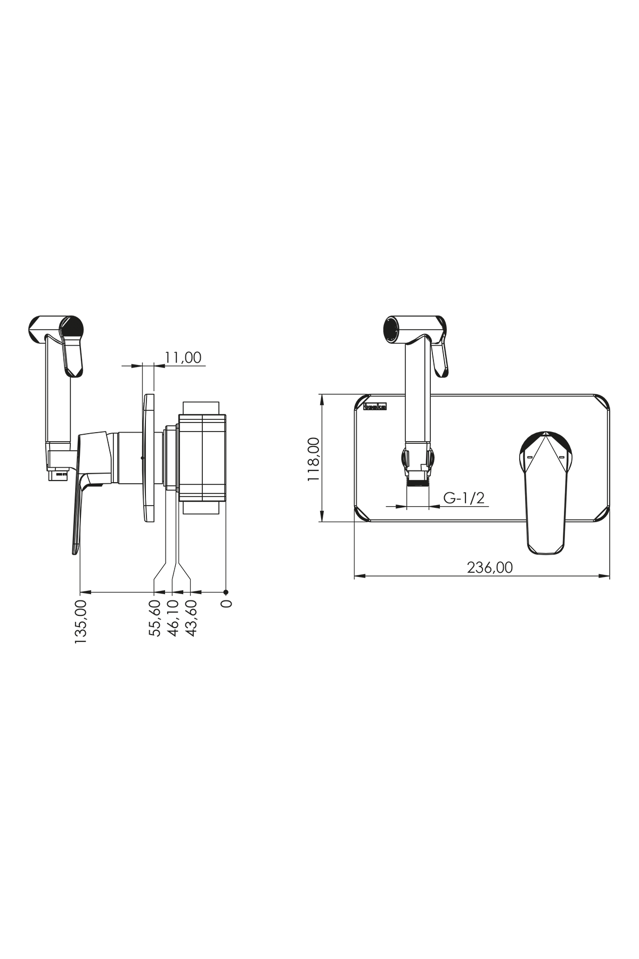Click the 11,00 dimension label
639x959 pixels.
point(183,357)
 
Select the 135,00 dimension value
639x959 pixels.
point(81,622)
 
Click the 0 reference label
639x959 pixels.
point(226,604)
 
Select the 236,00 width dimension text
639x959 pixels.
point(490,567)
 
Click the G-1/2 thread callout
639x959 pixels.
point(464,498)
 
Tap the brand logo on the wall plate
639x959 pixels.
point(375,407)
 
